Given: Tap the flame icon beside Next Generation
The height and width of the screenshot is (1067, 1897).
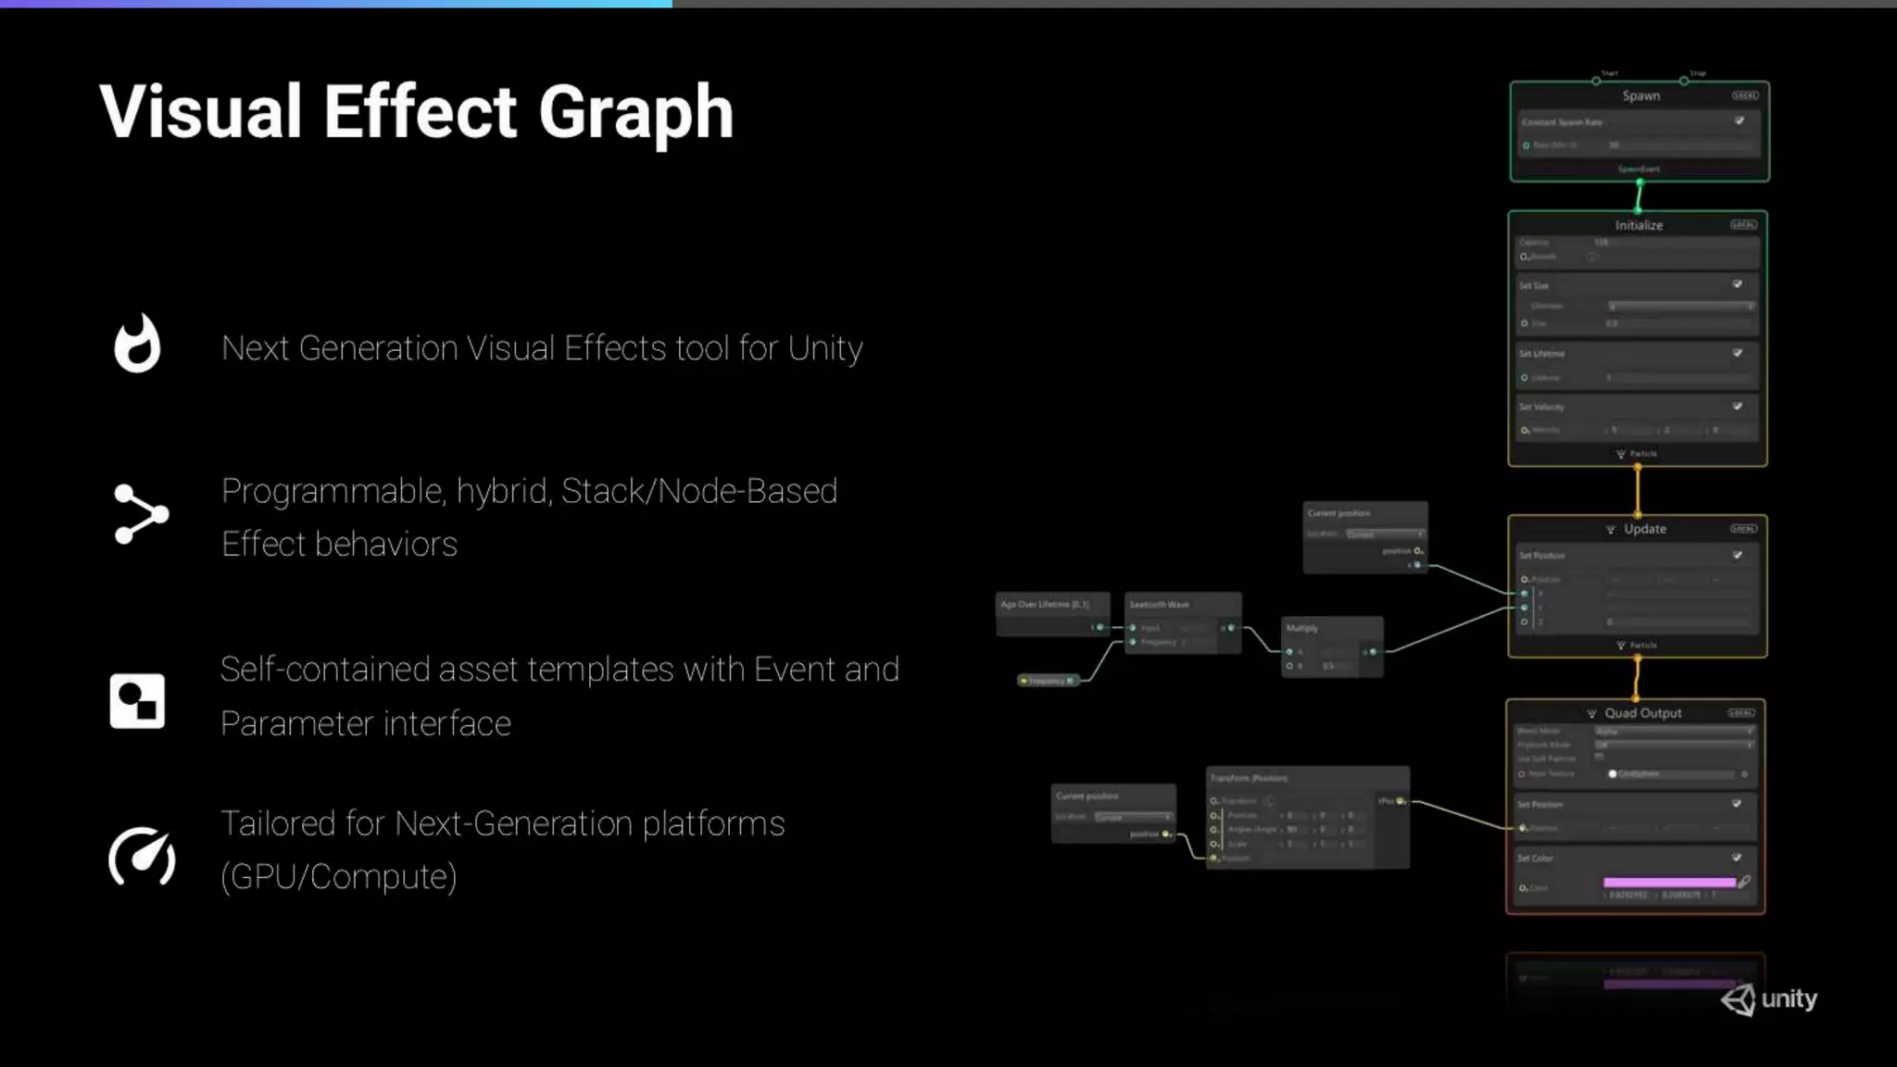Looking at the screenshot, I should coord(137,344).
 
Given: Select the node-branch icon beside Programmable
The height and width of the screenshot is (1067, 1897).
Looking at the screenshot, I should coord(141,514).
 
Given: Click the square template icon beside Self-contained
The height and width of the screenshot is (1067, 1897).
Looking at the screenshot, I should coord(137,701).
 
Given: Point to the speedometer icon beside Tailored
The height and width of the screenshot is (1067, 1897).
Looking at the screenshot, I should coord(142,856).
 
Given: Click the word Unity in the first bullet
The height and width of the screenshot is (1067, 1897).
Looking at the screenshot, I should coord(824,348).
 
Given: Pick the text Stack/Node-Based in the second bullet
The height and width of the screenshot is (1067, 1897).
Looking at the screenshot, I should coord(698,491).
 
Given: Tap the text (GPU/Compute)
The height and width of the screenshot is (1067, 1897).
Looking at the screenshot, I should coord(339,876).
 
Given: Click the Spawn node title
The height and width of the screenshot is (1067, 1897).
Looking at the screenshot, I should coord(1640,96).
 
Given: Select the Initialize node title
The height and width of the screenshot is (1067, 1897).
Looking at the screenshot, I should coord(1639,225).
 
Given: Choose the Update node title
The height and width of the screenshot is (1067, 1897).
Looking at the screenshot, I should coord(1644,529).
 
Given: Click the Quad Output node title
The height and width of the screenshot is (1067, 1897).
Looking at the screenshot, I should coord(1642,713).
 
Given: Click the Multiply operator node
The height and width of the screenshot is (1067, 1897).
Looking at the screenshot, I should coord(1332,646).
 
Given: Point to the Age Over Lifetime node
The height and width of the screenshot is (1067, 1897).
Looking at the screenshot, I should coord(1052,614).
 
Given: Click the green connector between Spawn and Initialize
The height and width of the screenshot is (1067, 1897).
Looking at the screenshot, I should coord(1639,196).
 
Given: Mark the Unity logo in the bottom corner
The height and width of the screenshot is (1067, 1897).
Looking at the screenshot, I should coord(1769,999).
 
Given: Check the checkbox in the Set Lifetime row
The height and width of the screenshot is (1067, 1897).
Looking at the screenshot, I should coord(1738,353).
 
